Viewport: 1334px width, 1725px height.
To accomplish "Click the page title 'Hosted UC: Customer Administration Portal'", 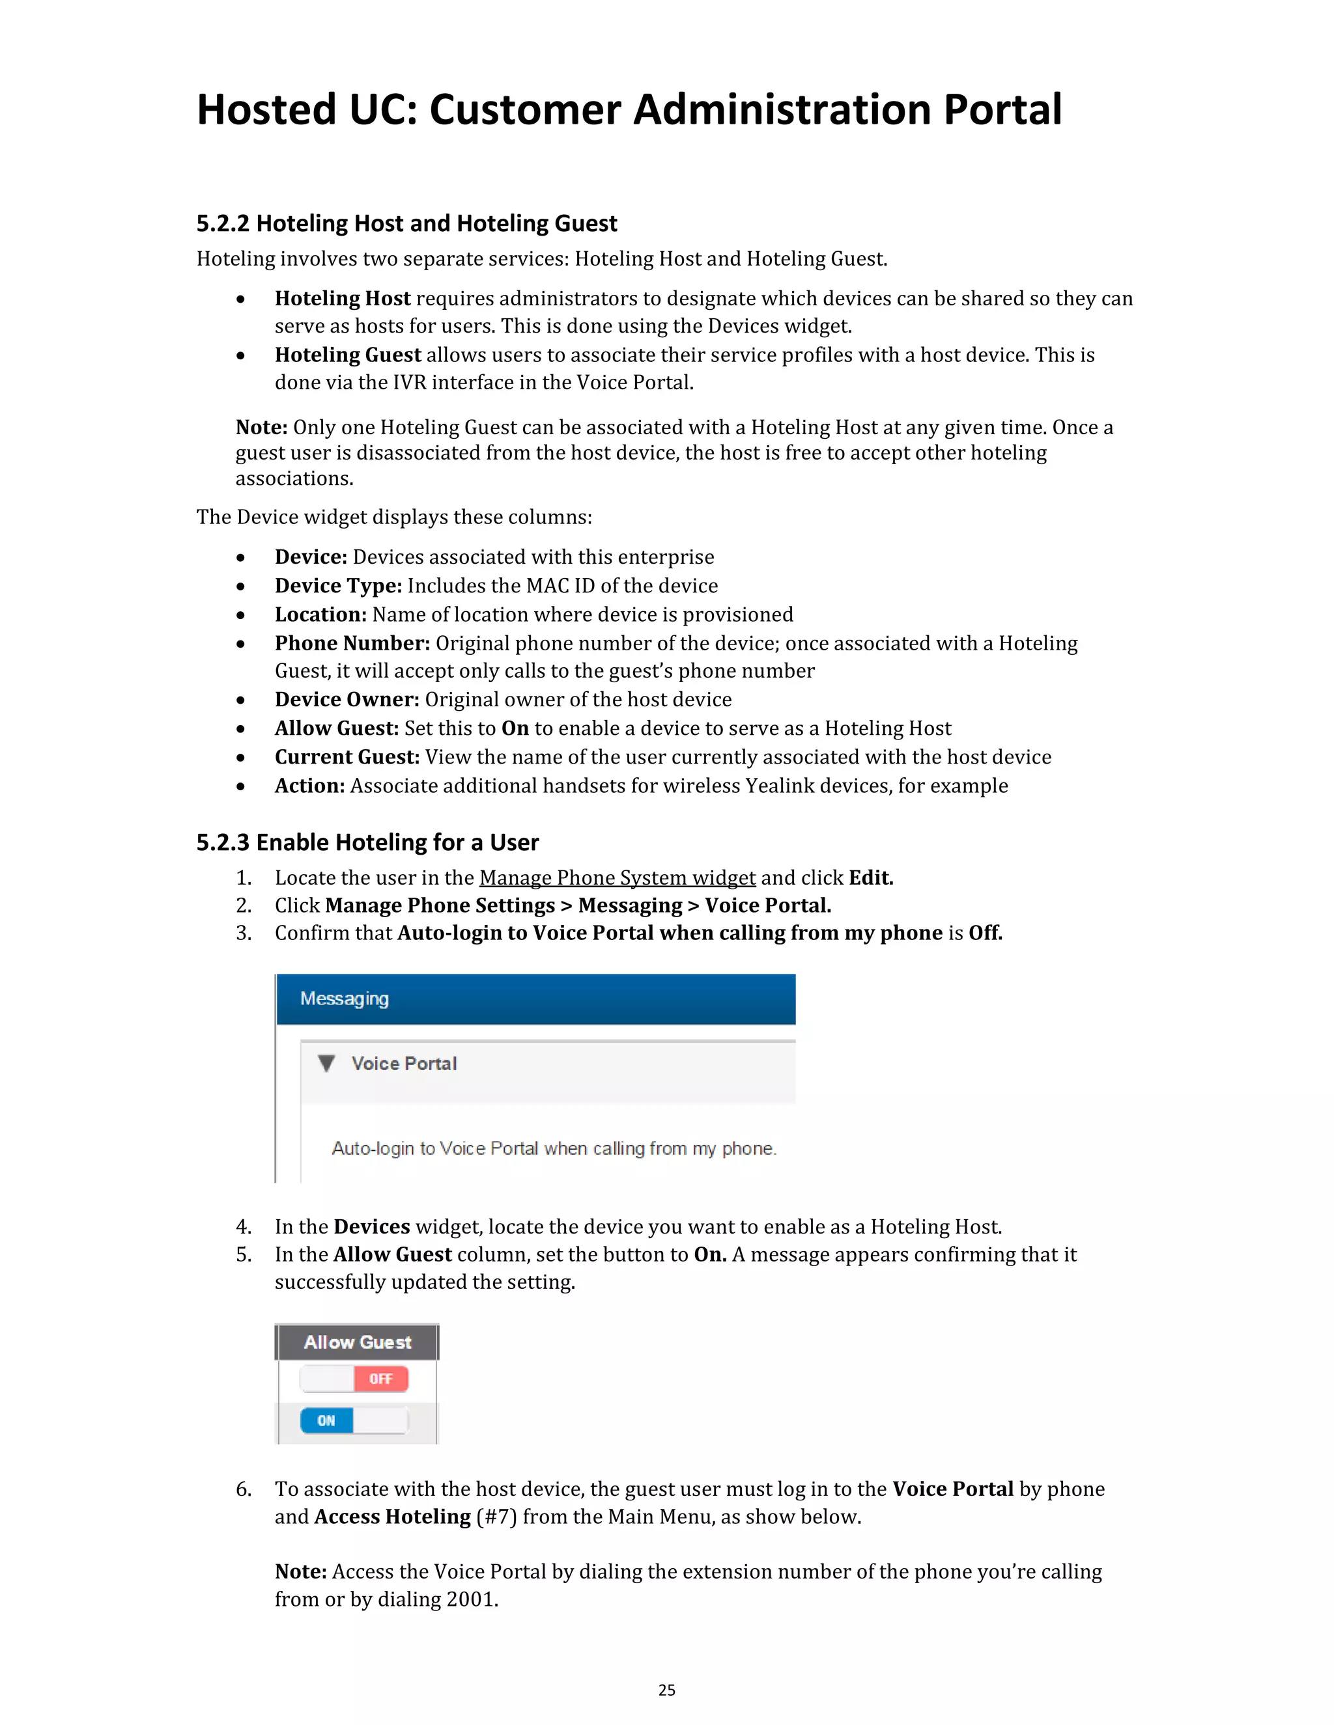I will click(x=629, y=110).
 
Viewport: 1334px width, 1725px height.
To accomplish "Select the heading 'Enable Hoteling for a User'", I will click(x=397, y=843).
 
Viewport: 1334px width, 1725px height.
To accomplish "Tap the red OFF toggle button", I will click(x=380, y=1379).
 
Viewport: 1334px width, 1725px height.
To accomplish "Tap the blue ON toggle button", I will click(x=326, y=1421).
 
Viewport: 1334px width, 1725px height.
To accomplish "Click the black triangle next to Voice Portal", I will click(x=326, y=1064).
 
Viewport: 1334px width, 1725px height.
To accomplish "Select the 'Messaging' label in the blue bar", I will click(x=345, y=999).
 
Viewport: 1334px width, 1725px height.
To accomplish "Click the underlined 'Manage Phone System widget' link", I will click(x=617, y=878).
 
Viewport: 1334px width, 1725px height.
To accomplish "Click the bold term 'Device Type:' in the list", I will click(x=338, y=586).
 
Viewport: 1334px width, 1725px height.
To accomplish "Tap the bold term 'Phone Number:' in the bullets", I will click(x=352, y=644).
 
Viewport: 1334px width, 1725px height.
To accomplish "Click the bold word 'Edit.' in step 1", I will click(x=871, y=878).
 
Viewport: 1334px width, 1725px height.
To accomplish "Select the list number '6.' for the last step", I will click(x=244, y=1489).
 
